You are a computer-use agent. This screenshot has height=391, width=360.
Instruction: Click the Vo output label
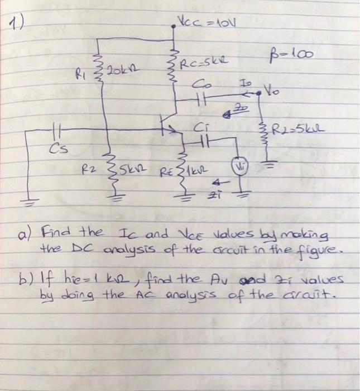click(272, 90)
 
